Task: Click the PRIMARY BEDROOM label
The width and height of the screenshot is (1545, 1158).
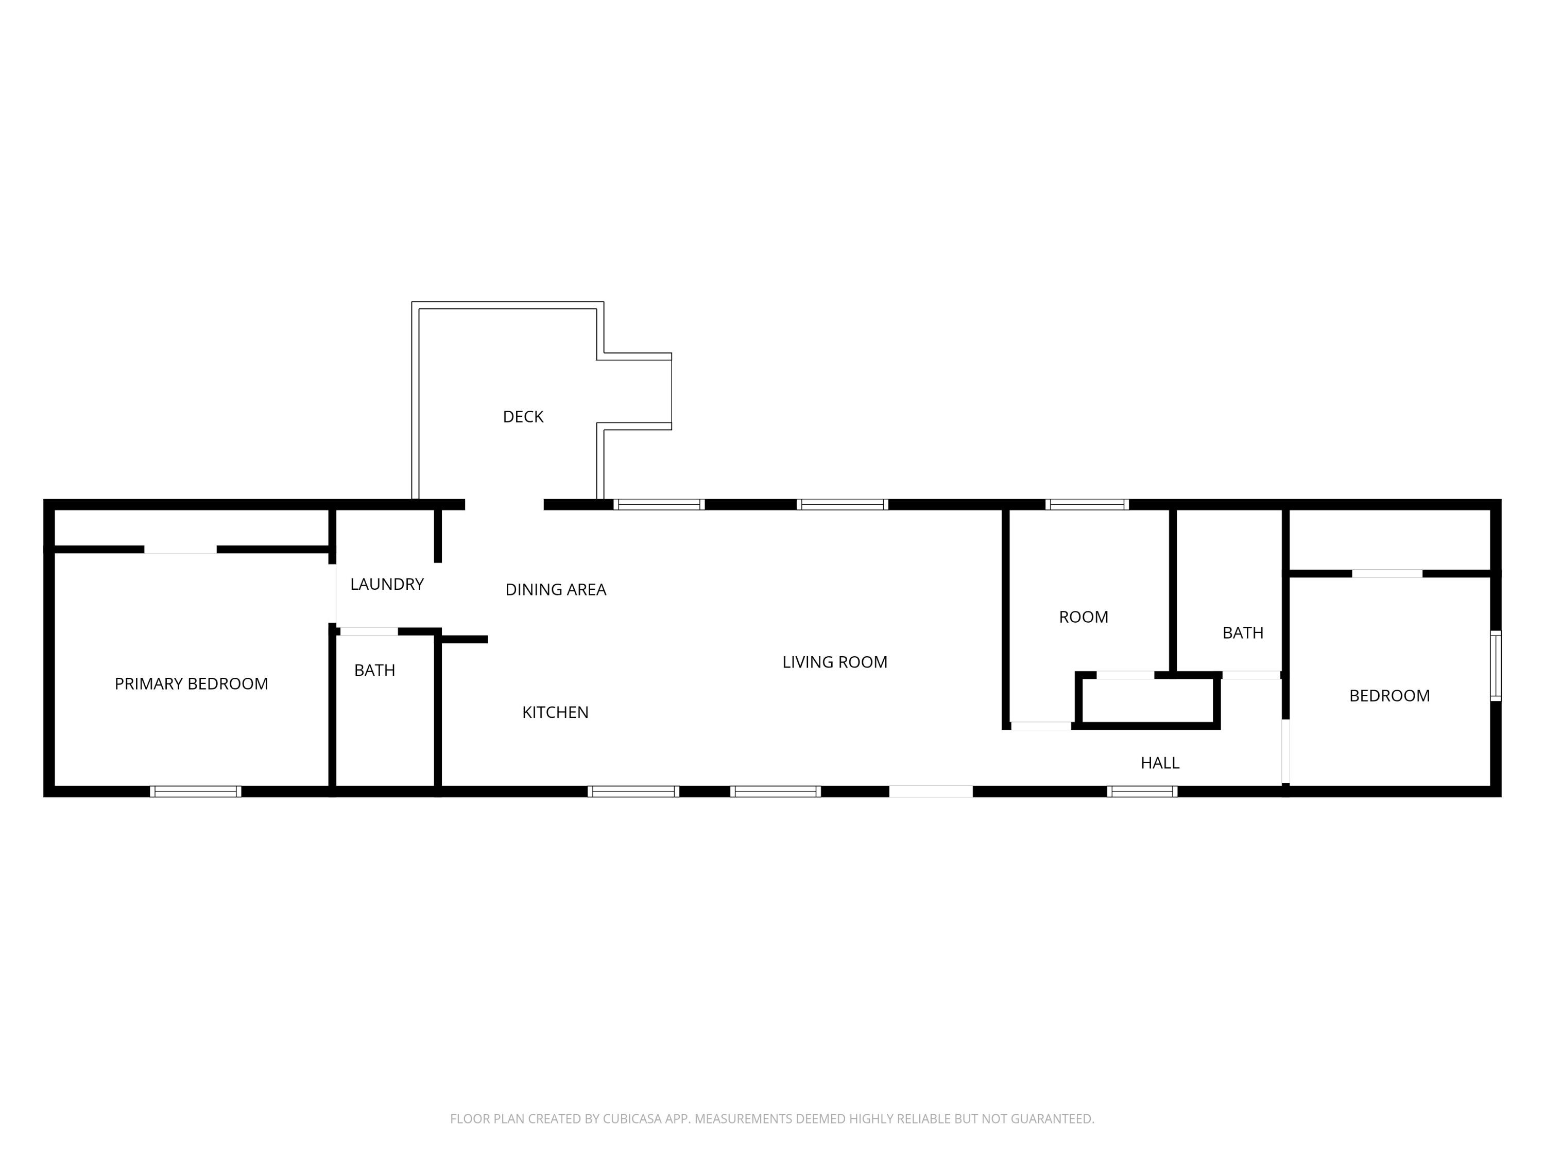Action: [192, 684]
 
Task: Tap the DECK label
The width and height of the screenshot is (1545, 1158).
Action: [523, 417]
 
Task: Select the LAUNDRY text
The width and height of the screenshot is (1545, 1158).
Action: [387, 584]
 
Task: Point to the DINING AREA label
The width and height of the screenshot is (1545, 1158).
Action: [556, 590]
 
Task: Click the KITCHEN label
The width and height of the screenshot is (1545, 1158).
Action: [555, 713]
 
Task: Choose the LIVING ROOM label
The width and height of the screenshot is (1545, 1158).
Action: [835, 662]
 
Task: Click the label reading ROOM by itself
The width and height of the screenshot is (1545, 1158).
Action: [1084, 617]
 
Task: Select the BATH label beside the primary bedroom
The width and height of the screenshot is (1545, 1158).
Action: [374, 671]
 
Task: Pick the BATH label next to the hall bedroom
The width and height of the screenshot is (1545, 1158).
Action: [1243, 633]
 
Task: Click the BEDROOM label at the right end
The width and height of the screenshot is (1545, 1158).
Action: [1389, 696]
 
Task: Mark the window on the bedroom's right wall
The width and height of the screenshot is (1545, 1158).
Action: [1496, 666]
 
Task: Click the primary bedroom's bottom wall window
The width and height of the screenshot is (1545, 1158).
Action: [196, 792]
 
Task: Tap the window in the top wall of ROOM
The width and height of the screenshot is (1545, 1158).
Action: [1087, 505]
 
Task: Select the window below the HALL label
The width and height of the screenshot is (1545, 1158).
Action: [1142, 792]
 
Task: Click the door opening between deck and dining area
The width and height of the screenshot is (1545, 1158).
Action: [504, 505]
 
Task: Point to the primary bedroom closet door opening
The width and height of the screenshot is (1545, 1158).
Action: [180, 549]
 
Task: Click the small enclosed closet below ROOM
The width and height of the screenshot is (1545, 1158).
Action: [1147, 700]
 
